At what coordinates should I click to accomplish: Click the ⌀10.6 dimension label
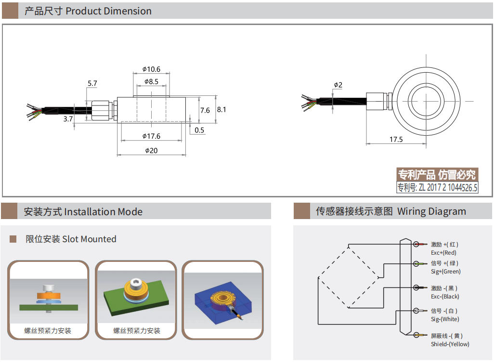click(x=151, y=69)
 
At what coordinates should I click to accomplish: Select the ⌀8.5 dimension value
click(x=151, y=82)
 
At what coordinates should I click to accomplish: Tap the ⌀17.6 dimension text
click(x=151, y=136)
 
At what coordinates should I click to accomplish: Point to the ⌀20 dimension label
click(x=151, y=151)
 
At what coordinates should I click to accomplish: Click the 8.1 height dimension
click(x=221, y=110)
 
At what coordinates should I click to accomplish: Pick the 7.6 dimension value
click(x=205, y=110)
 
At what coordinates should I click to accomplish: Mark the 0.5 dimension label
click(x=199, y=130)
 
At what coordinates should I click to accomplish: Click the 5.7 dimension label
click(x=92, y=83)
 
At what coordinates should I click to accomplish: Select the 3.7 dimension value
click(x=68, y=118)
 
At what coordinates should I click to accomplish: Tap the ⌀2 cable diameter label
click(x=338, y=85)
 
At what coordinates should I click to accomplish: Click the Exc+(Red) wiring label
click(x=443, y=253)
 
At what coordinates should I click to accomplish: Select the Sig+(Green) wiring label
click(x=445, y=272)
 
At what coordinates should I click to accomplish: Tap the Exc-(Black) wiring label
click(x=445, y=297)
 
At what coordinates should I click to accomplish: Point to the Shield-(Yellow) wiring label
click(x=450, y=344)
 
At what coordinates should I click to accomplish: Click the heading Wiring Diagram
click(x=431, y=211)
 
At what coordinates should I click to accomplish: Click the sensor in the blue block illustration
click(x=223, y=300)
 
